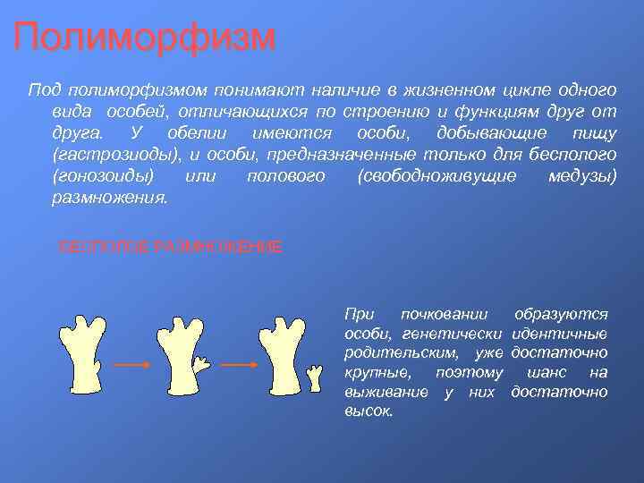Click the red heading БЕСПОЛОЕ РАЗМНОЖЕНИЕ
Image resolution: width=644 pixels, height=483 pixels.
click(170, 247)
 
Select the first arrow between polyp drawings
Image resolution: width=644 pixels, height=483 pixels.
click(133, 365)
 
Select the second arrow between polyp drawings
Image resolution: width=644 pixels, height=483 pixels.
click(239, 365)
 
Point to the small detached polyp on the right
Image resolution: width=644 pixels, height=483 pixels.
click(314, 377)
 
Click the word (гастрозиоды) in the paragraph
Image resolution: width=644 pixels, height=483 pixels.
click(108, 155)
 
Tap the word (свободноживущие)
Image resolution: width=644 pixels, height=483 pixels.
click(436, 176)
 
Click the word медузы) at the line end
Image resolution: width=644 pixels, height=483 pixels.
click(581, 176)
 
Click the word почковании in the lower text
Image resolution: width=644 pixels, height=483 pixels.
click(445, 314)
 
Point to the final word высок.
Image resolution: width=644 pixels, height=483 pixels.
click(369, 412)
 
